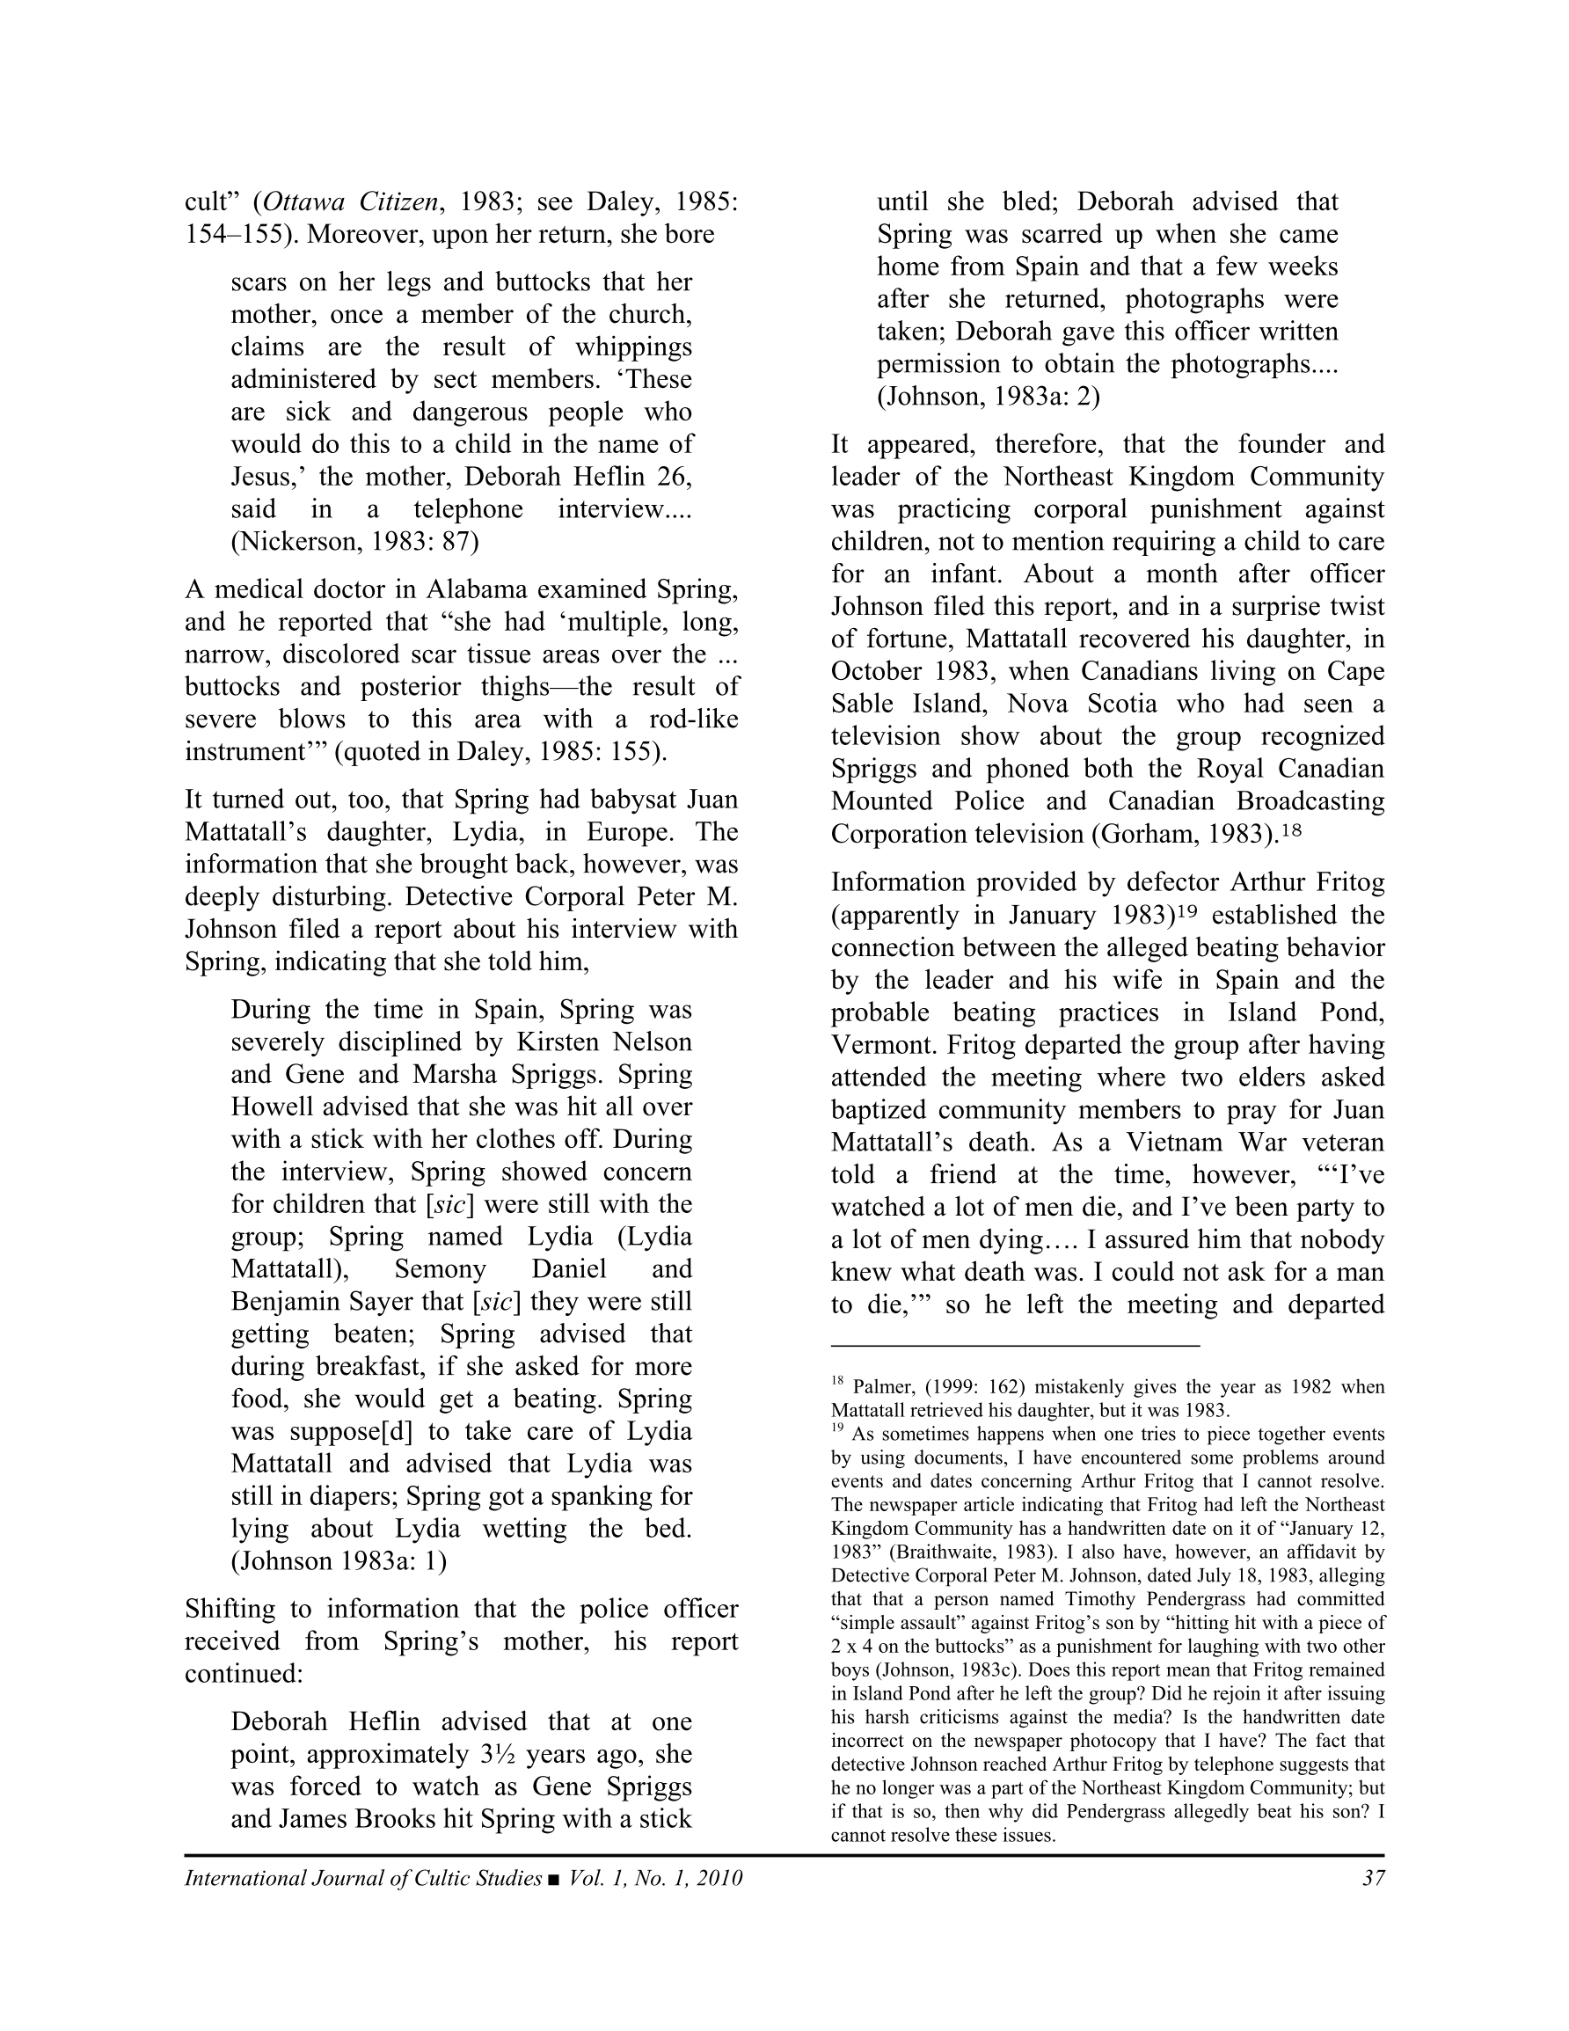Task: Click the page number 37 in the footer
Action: (x=1373, y=1878)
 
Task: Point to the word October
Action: (x=879, y=671)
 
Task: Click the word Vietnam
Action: (x=1176, y=1143)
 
